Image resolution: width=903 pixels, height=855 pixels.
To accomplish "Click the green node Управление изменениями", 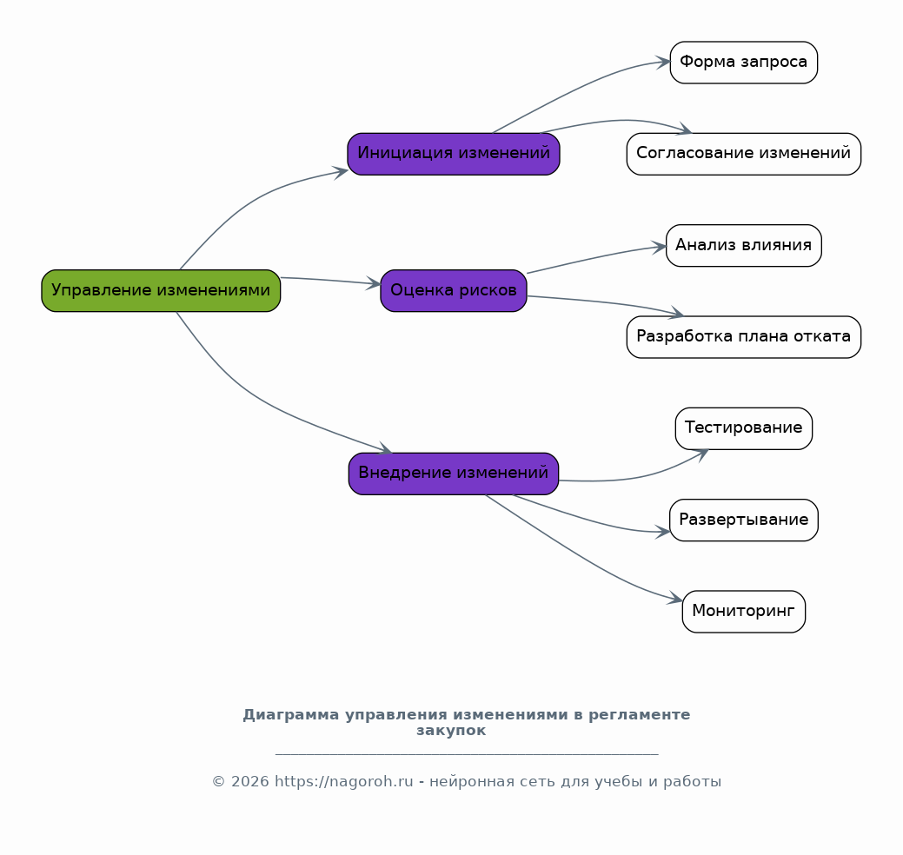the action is click(161, 291).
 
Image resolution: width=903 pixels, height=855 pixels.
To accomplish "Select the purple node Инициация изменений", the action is click(454, 155).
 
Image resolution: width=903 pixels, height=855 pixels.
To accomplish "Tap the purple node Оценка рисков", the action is click(454, 291).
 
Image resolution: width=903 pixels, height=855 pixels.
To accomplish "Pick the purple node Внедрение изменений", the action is click(454, 474).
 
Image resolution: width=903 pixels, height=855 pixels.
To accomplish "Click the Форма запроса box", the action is click(743, 63).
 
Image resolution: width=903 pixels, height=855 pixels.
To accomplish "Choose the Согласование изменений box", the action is click(743, 155).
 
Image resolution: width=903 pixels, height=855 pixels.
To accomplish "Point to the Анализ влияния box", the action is click(743, 245).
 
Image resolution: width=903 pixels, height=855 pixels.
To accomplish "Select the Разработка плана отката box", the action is click(743, 337).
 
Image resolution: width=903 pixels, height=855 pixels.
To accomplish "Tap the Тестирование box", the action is click(743, 428).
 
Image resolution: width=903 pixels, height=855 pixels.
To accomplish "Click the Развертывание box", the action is click(743, 520).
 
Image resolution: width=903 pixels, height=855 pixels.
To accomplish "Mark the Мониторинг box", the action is click(743, 612).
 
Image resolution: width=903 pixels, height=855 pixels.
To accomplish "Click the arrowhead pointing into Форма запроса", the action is click(663, 63).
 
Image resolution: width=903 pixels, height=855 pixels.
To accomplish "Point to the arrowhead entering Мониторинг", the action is click(675, 599).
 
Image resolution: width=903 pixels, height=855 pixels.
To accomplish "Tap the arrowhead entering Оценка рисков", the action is click(374, 283).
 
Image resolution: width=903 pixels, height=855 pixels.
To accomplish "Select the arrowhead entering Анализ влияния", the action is click(660, 248).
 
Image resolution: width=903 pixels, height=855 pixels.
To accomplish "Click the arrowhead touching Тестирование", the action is click(701, 454).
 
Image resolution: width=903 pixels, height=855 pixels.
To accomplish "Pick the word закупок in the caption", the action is click(451, 731).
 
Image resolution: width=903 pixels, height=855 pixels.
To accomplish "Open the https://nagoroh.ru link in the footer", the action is click(344, 781).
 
